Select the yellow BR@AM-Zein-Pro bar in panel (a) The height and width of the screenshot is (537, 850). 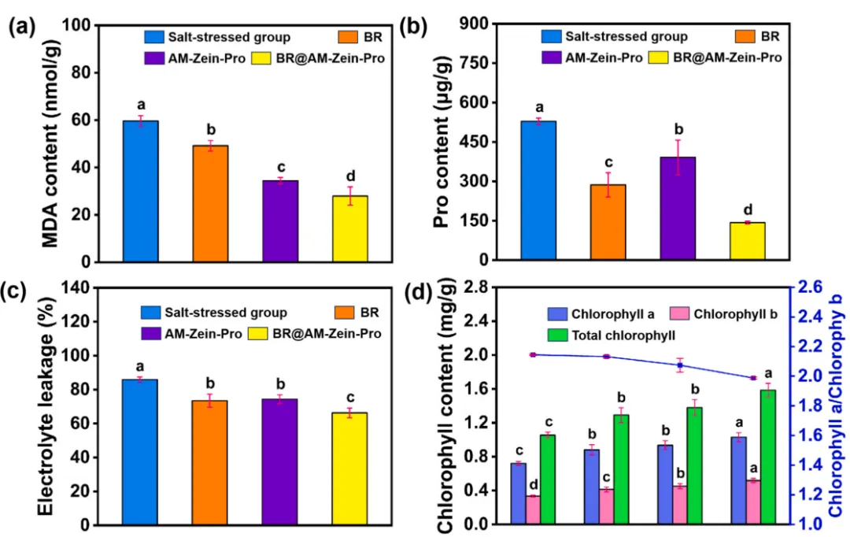pyautogui.click(x=350, y=228)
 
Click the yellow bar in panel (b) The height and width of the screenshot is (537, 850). pyautogui.click(x=747, y=241)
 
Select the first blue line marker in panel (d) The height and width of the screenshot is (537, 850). pyautogui.click(x=534, y=355)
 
